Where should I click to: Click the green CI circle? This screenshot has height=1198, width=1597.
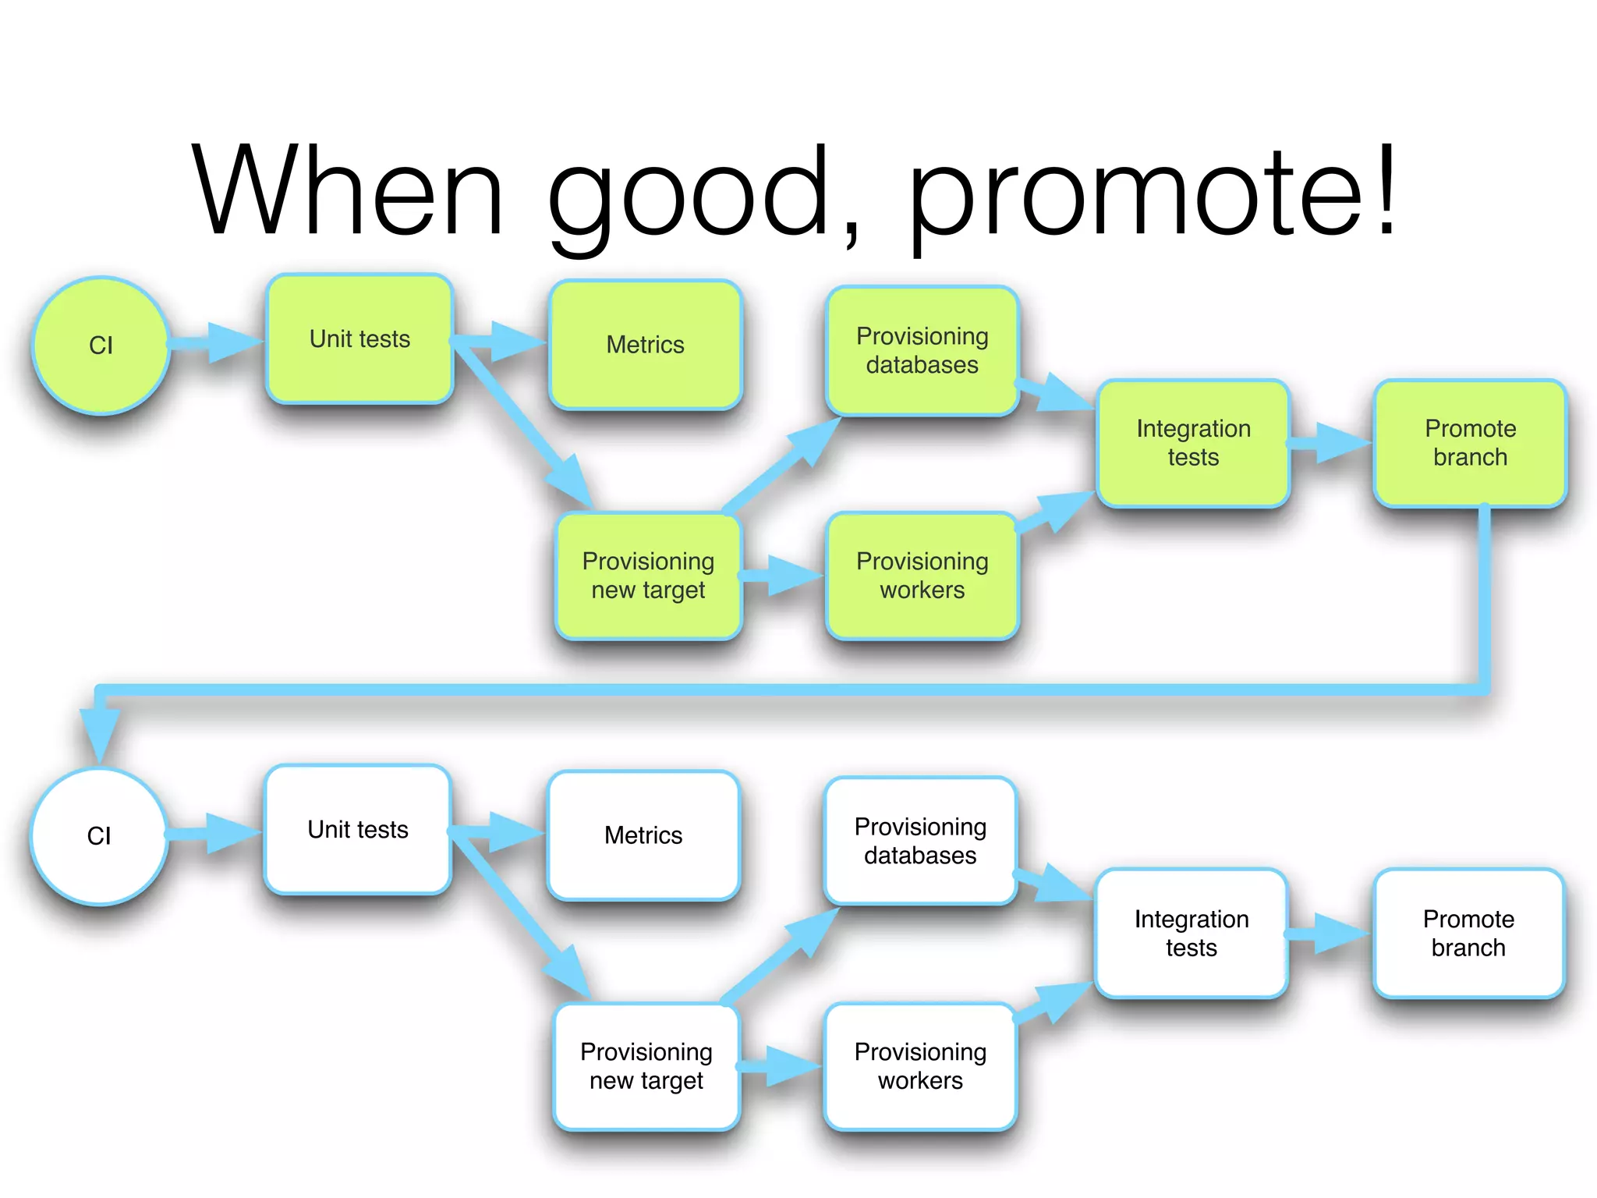pos(101,345)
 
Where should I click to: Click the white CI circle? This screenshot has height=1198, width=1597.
pos(99,835)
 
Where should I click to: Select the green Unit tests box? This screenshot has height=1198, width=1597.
pos(359,338)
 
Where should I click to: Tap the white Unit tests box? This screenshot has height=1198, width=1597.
pos(358,829)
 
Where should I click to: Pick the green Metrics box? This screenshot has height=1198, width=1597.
pos(645,344)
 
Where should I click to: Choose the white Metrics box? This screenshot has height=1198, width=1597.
pos(643,835)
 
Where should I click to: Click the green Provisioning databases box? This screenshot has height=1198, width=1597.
pos(922,350)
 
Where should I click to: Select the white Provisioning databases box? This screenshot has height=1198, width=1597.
pos(920,841)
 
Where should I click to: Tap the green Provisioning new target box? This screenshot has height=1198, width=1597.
pos(648,576)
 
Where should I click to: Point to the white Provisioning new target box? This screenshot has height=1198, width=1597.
pos(646,1066)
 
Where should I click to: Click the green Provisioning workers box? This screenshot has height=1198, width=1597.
pos(922,576)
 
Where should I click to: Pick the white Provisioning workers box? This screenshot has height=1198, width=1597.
pos(920,1066)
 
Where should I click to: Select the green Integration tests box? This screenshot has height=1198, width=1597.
pos(1193,442)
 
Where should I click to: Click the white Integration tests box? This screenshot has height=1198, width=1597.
pos(1192,933)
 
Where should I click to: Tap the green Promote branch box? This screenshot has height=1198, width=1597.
pos(1470,442)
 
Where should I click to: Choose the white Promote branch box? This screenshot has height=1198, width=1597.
pos(1468,933)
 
